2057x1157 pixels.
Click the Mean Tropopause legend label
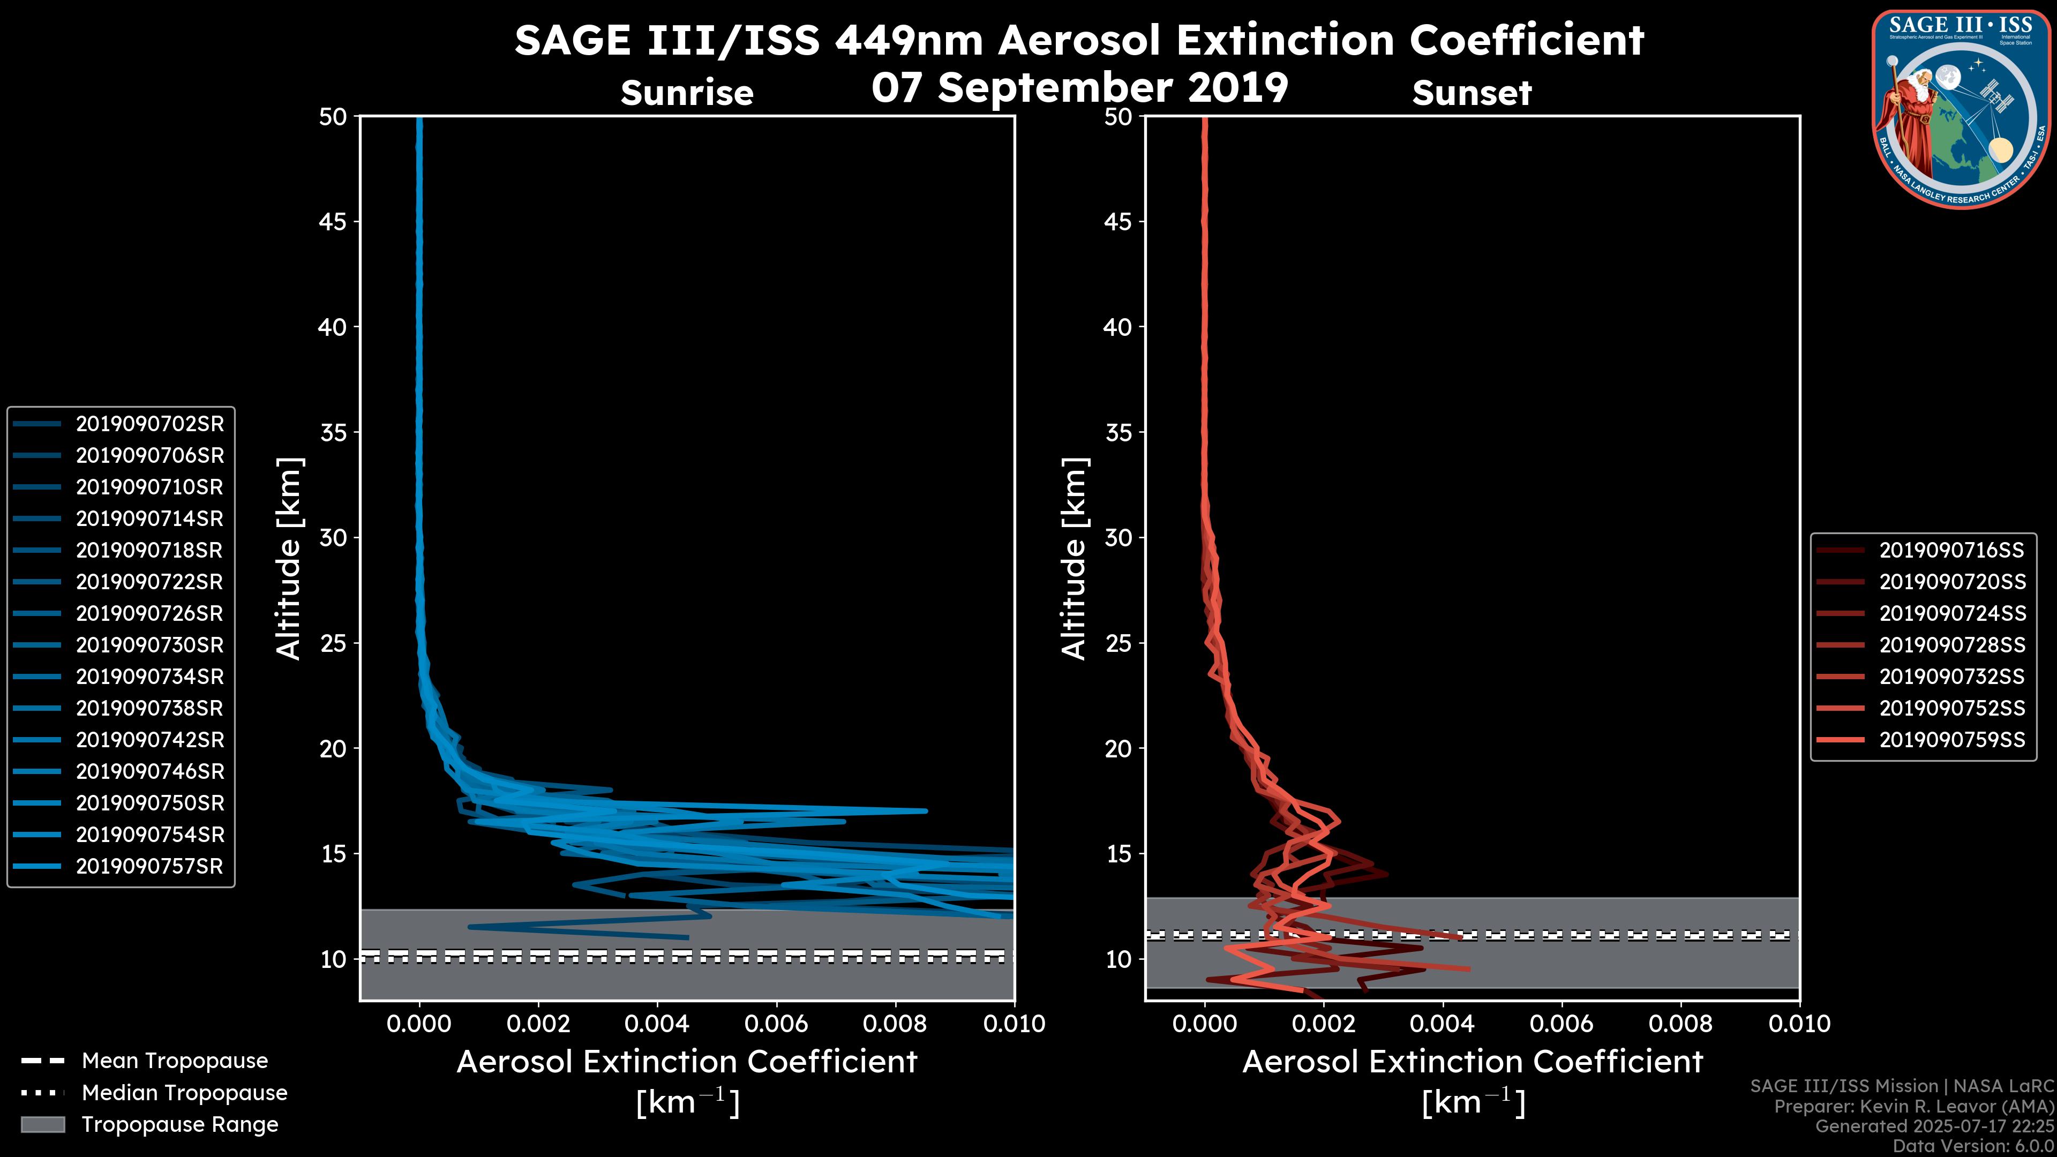point(175,1061)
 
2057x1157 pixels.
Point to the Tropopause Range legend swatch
point(43,1124)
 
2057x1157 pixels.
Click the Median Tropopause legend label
point(184,1093)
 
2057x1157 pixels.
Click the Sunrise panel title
point(687,93)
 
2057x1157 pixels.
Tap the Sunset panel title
point(1472,93)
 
